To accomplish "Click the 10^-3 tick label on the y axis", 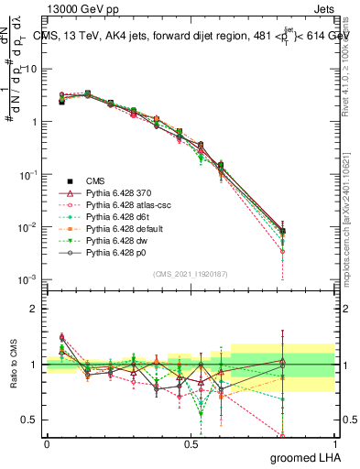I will [x=27, y=279].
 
